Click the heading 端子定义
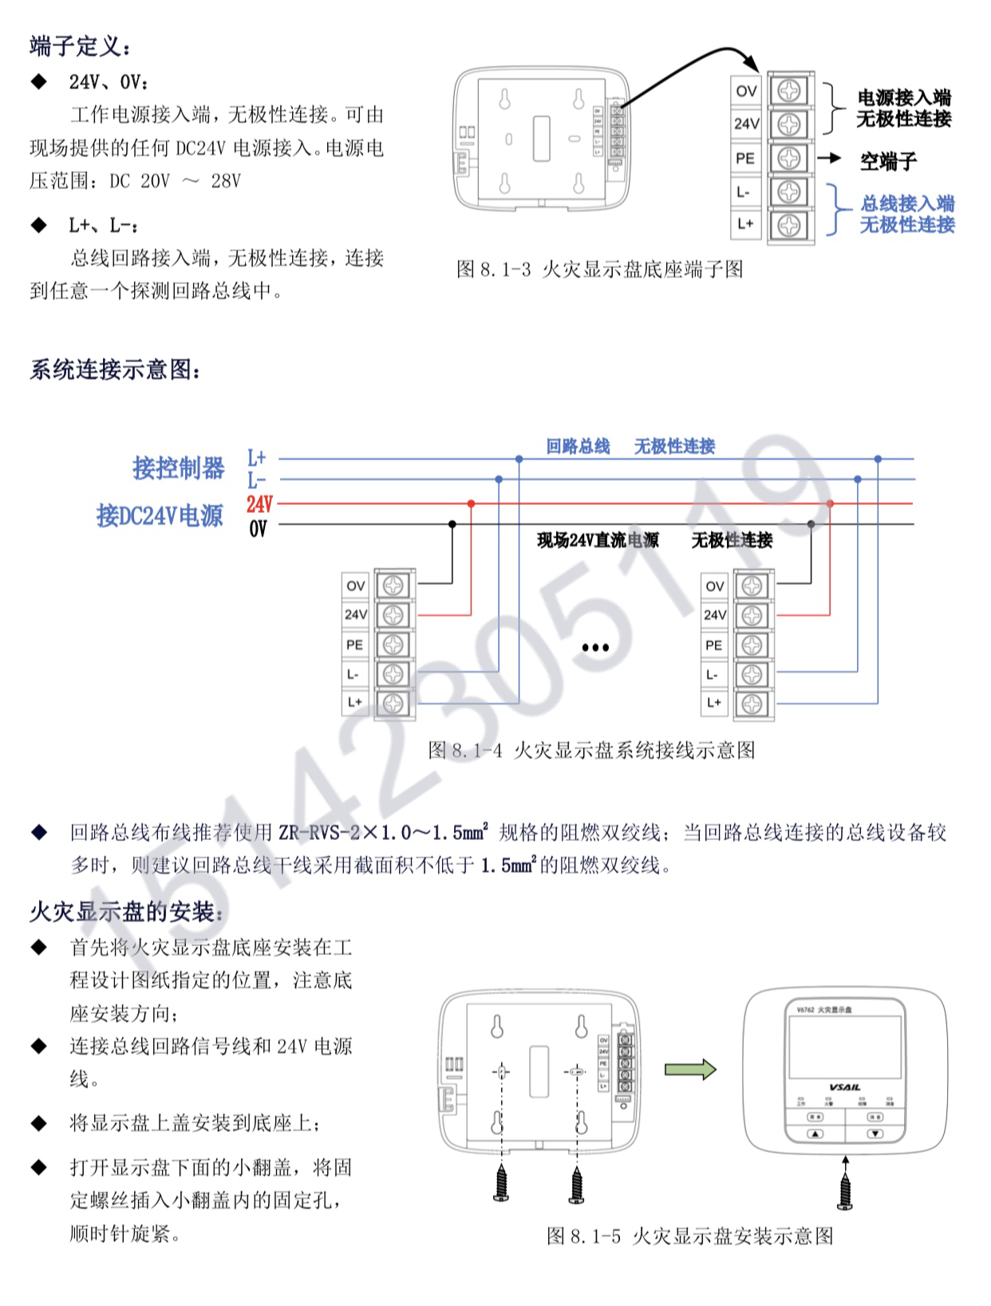coord(80,46)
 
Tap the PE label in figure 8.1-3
coord(745,158)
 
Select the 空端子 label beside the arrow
coord(888,162)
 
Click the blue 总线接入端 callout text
coord(907,204)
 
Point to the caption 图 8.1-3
coord(599,270)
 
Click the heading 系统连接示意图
coord(116,370)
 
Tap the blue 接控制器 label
coord(179,468)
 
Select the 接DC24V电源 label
coord(160,516)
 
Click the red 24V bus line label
coord(259,504)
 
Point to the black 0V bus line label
coord(258,528)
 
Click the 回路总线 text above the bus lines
coord(578,447)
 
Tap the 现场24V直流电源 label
coord(598,541)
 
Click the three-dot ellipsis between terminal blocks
coord(595,647)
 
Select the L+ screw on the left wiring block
coord(393,703)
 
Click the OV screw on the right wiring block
coord(752,586)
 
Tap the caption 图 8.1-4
coord(591,751)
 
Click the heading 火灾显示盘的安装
coord(128,912)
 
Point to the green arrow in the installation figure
coord(690,1069)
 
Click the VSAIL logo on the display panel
coord(844,1087)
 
